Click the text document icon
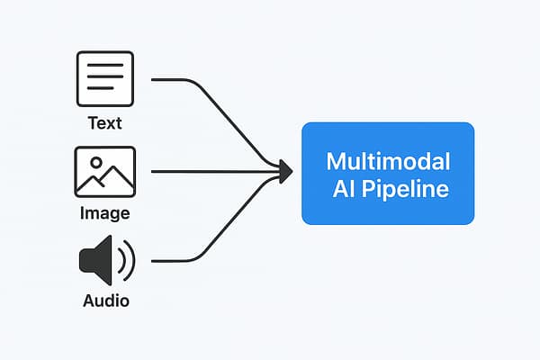click(x=105, y=80)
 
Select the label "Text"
click(x=105, y=123)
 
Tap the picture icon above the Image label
click(x=105, y=172)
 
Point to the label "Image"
click(x=105, y=213)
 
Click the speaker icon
click(x=105, y=261)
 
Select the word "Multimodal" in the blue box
click(x=387, y=162)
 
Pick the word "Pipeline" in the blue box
click(x=408, y=191)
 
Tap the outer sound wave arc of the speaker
click(x=130, y=261)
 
